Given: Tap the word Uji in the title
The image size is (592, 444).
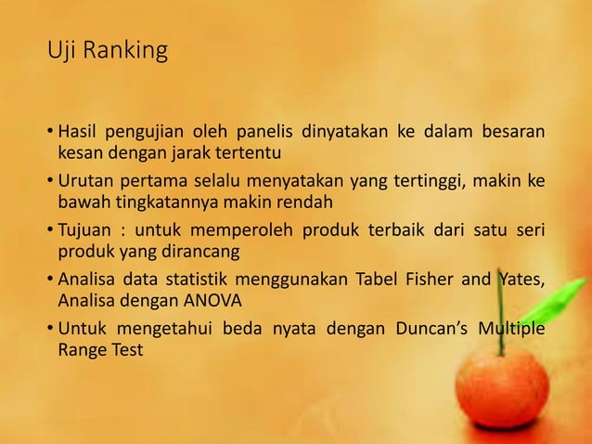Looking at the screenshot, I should pos(63,51).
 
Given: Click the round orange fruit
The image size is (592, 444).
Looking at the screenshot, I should pos(502,385).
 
